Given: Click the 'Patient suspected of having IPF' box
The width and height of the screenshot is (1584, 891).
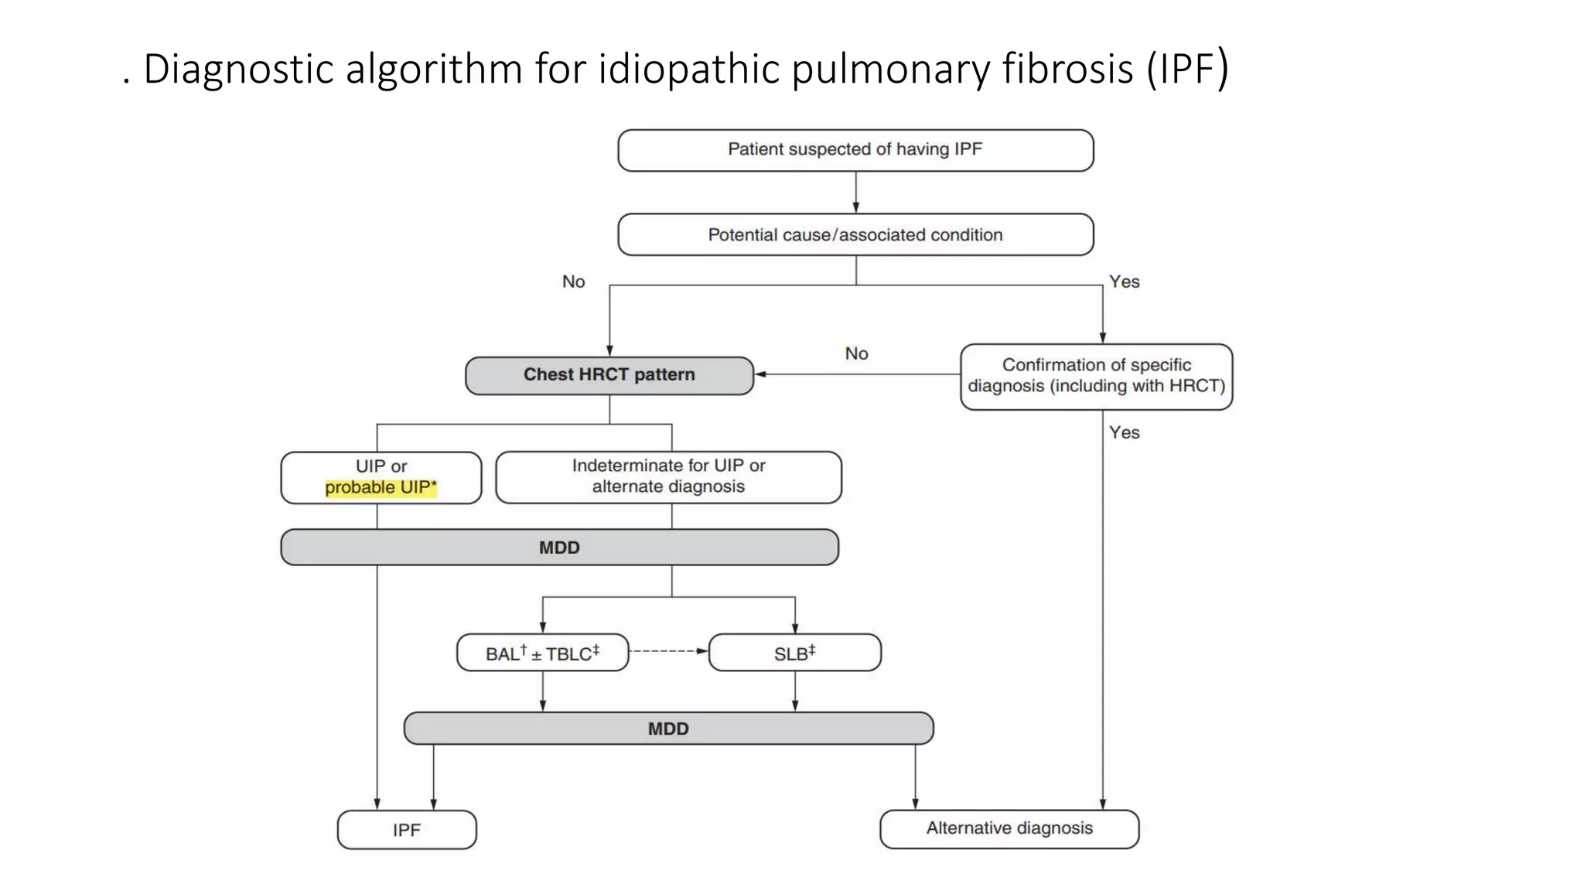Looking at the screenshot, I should [855, 150].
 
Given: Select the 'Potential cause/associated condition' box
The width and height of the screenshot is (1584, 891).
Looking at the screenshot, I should [855, 234].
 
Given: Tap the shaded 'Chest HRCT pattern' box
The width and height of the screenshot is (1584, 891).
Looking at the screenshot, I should [609, 375].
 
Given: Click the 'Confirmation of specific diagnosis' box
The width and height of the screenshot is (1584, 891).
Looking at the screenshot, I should [1096, 376].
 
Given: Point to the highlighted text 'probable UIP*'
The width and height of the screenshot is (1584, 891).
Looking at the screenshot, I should [381, 488].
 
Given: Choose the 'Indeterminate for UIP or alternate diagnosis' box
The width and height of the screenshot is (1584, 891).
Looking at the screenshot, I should [668, 476].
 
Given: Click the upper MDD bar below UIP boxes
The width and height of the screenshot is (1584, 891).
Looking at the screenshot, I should [559, 548].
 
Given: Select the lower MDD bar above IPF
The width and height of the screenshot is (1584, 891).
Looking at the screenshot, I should [668, 729].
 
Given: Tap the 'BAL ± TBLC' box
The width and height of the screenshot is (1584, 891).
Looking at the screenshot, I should [542, 654].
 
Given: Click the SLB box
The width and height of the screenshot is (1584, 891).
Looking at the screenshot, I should [794, 654].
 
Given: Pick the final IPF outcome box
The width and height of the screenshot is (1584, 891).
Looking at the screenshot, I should [407, 830].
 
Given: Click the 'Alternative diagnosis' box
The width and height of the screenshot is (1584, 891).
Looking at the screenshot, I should [1009, 828].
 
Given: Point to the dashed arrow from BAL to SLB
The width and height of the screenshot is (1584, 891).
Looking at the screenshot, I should [668, 651].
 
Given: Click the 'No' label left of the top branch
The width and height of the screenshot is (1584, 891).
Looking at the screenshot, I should [573, 282].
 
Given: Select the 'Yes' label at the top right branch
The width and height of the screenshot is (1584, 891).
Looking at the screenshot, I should [1124, 282].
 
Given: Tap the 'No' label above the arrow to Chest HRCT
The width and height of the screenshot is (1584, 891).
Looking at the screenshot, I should [856, 353].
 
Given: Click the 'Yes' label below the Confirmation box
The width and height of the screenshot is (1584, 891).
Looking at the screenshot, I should [1124, 432].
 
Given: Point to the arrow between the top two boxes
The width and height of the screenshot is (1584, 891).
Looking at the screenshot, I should [855, 192].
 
